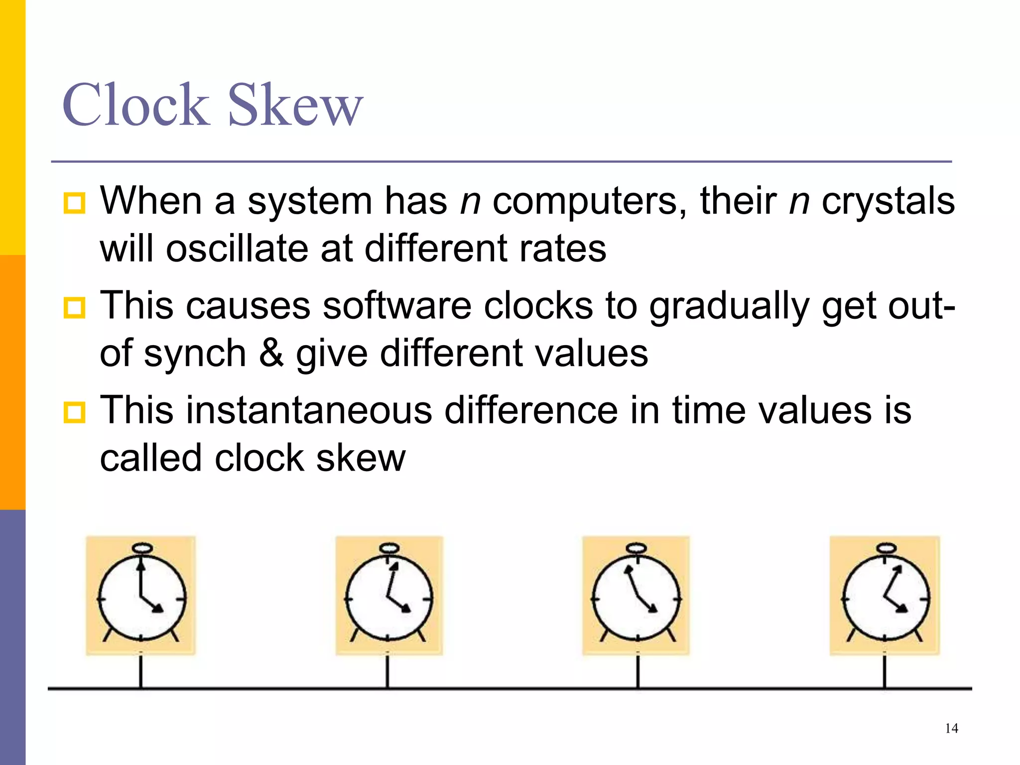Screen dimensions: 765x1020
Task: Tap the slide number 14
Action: pos(951,729)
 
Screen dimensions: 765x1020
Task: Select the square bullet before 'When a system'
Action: pos(75,203)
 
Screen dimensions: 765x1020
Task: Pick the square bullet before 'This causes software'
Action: pos(75,308)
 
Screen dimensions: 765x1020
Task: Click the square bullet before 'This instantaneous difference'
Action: pos(75,412)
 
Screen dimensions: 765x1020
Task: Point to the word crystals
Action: pos(888,201)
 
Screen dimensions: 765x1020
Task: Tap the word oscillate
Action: pos(237,249)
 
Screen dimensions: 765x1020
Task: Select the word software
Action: pos(397,306)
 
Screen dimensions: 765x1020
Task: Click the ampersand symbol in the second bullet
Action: pos(271,353)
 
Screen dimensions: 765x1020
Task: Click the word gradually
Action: pos(729,306)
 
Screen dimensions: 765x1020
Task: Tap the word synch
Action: pos(195,354)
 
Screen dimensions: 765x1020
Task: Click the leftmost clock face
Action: pos(142,598)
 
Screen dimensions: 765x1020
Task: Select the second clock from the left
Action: pos(389,598)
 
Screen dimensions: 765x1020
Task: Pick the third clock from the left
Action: pos(637,598)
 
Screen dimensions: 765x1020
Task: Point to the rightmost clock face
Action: pos(885,598)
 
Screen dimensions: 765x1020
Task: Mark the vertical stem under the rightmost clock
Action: pos(885,671)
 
